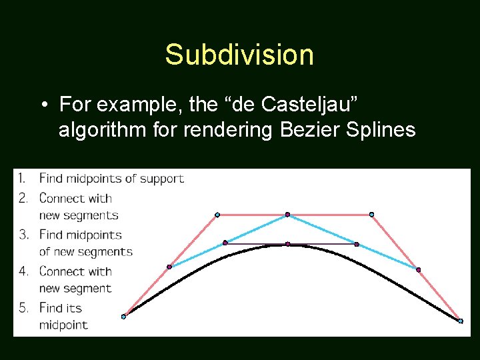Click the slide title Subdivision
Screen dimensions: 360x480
coord(239,55)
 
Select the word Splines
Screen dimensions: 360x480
coord(381,129)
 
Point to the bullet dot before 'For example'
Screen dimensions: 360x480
coord(43,105)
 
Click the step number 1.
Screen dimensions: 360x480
coord(22,178)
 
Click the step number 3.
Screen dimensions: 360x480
coord(23,235)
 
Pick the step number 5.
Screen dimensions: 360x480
coord(23,308)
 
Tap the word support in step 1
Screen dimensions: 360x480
coord(162,179)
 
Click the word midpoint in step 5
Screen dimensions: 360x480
coord(63,325)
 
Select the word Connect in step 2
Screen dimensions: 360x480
coord(62,198)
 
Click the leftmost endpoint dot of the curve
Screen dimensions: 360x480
coord(123,317)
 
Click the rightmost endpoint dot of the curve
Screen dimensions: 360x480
coord(461,321)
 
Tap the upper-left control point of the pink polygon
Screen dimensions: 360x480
coord(217,215)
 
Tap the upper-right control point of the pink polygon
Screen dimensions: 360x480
coord(371,215)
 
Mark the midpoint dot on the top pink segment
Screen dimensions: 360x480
coord(287,215)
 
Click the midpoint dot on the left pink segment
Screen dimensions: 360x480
coord(169,267)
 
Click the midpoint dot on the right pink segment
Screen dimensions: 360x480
coord(418,269)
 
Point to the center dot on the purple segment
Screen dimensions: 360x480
coord(287,244)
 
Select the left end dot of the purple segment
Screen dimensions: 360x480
coord(225,243)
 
